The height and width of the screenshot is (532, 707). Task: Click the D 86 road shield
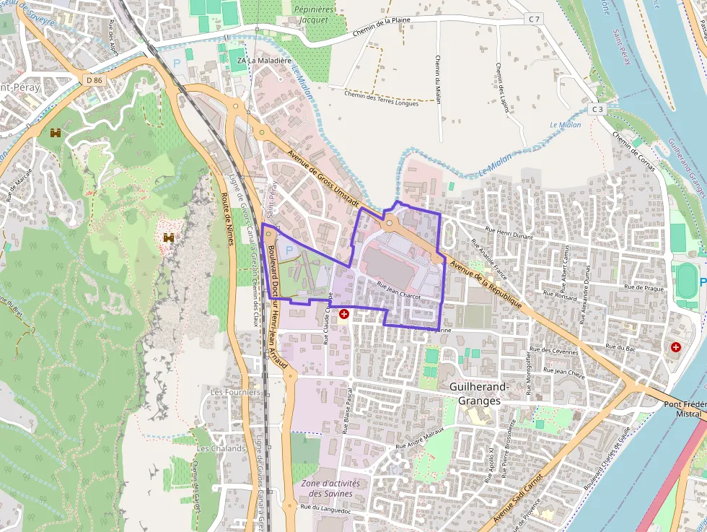(93, 79)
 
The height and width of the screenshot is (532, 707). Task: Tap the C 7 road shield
(534, 19)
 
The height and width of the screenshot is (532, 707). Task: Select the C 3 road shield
(596, 109)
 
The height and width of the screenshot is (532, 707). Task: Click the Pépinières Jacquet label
(312, 14)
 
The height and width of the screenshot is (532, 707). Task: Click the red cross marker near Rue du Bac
(676, 347)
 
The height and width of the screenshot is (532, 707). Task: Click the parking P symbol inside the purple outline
(289, 250)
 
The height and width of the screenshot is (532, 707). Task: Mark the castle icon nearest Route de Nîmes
(169, 237)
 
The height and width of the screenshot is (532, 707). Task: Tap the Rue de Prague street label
(644, 287)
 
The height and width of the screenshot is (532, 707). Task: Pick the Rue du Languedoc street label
(326, 510)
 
